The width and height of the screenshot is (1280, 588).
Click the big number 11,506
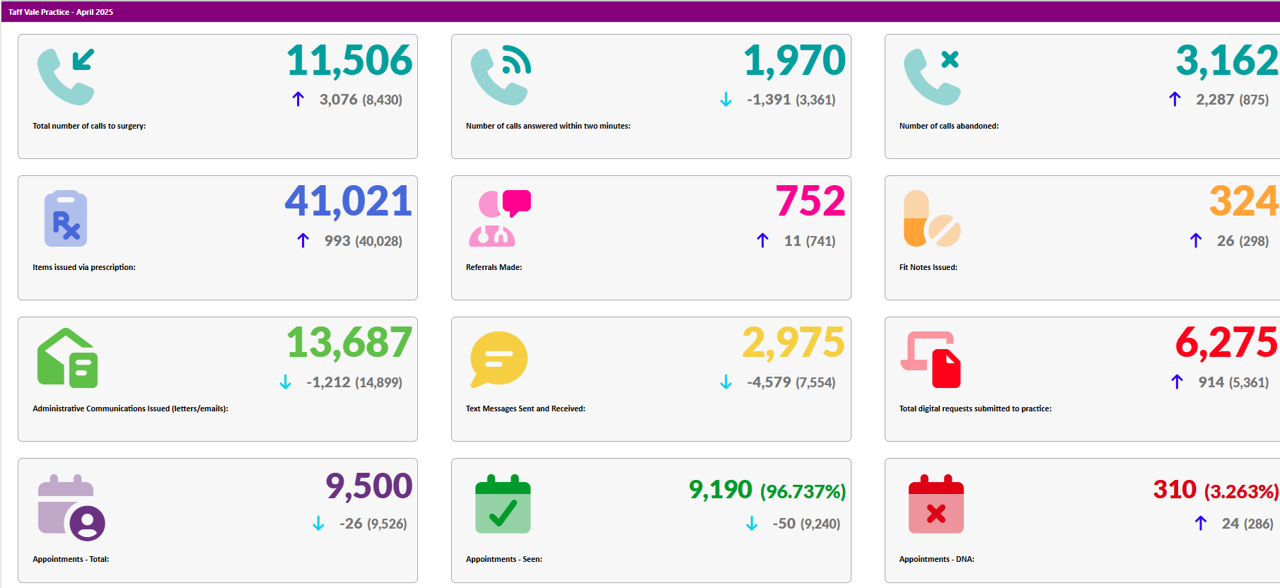pos(349,61)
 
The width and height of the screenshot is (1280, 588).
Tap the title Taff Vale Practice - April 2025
pos(61,12)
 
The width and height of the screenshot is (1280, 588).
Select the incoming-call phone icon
pos(66,76)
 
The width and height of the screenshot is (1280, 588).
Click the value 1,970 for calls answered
pos(794,61)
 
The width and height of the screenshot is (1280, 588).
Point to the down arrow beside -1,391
pos(726,100)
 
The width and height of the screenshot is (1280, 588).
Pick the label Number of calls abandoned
pos(948,126)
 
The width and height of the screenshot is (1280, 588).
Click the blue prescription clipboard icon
pos(66,218)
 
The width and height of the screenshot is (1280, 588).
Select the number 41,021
pos(348,202)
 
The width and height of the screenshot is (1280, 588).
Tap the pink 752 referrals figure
pos(810,202)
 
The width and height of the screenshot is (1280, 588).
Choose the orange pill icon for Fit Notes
pos(931,218)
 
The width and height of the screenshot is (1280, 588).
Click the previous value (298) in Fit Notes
pos(1254,241)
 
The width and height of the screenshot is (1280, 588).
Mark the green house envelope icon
pos(67,358)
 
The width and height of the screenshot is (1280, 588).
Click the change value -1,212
pos(328,382)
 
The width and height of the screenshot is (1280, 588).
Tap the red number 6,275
pos(1226,343)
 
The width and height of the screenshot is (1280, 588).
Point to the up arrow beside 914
pos(1177,382)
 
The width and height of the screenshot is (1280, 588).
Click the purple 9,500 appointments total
pos(368,486)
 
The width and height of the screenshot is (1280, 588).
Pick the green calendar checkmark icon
pos(503,504)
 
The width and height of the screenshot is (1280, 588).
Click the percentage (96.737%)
pos(803,491)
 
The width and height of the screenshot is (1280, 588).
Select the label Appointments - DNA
pos(936,559)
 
